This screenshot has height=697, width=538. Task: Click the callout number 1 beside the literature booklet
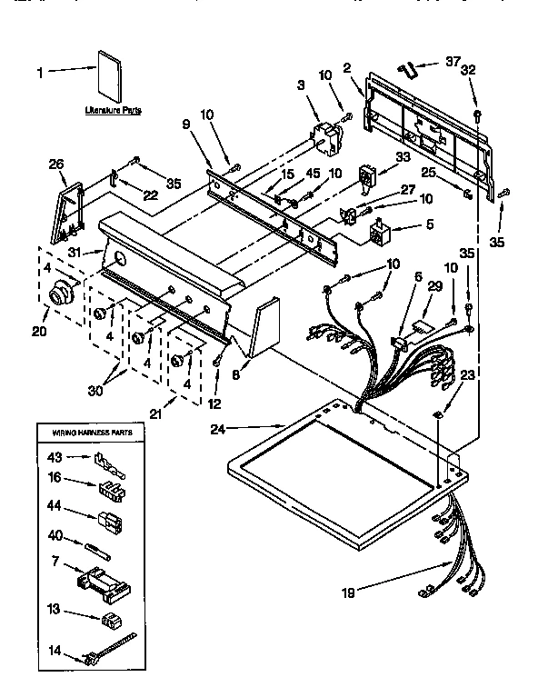click(38, 71)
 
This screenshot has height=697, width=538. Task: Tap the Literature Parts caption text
click(107, 109)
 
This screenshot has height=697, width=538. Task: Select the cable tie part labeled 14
click(109, 650)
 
